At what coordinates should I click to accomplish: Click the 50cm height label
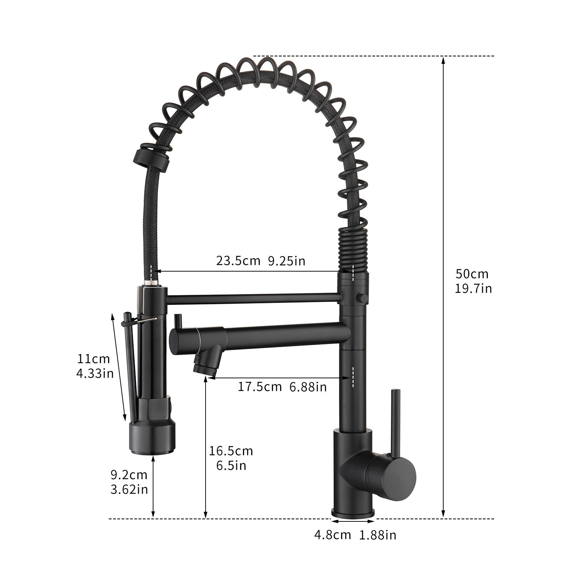[x=472, y=274]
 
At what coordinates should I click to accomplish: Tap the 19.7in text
[x=473, y=288]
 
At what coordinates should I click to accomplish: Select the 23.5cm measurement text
[x=238, y=261]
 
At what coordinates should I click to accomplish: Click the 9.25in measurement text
[x=287, y=261]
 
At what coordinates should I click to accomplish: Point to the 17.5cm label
[x=259, y=386]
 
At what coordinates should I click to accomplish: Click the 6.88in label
[x=308, y=386]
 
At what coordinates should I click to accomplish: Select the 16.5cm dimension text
[x=231, y=451]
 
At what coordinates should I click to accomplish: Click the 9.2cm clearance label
[x=129, y=475]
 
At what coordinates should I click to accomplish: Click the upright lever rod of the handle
[x=395, y=421]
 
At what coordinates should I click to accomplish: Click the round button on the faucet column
[x=363, y=297]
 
